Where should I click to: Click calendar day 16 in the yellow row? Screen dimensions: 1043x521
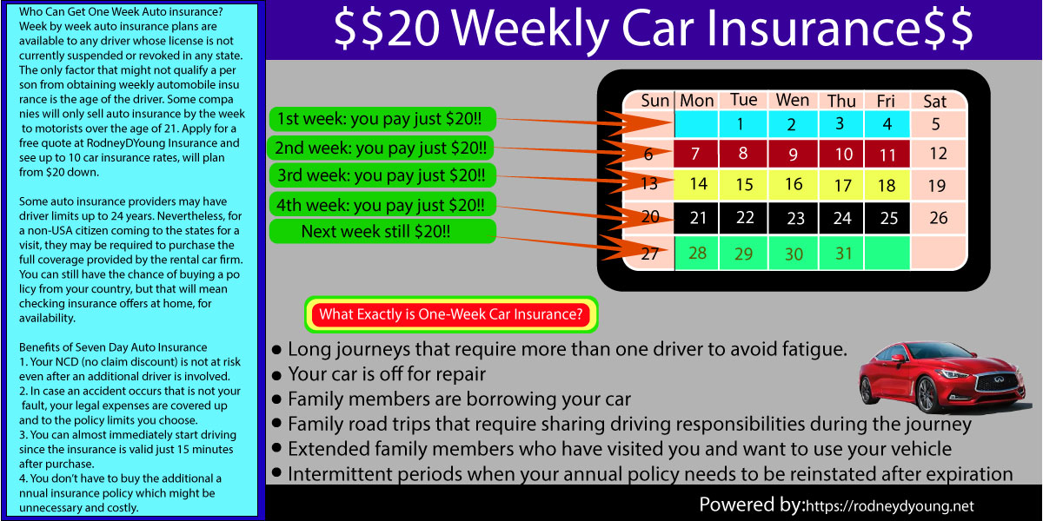[x=794, y=184]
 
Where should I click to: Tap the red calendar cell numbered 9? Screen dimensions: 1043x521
[x=794, y=154]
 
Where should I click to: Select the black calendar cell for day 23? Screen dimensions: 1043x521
[x=794, y=218]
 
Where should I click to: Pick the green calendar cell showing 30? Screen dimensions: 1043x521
[x=794, y=253]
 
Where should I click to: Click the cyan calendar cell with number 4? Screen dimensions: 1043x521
[x=887, y=124]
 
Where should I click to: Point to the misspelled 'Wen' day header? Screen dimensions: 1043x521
[x=793, y=100]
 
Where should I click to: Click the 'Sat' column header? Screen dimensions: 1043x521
[x=935, y=102]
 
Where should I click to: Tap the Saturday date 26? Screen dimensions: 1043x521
[x=938, y=218]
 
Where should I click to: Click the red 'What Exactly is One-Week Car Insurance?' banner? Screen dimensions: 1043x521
[x=451, y=314]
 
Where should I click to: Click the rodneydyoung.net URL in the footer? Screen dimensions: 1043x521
[x=890, y=506]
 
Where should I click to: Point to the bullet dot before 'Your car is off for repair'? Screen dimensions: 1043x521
[x=276, y=375]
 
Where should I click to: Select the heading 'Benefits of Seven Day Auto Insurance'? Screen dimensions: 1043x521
[x=113, y=347]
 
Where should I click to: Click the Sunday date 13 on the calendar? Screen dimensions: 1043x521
[x=649, y=184]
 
